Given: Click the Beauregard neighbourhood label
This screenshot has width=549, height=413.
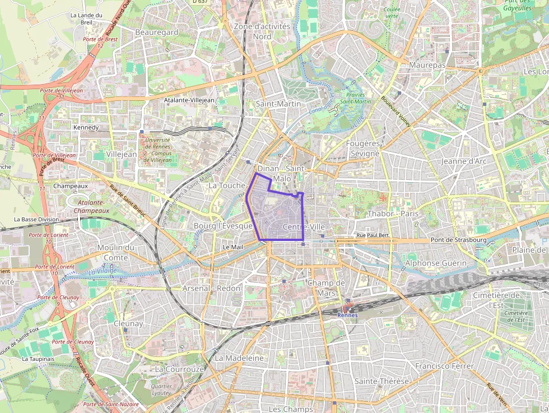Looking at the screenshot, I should (157, 33).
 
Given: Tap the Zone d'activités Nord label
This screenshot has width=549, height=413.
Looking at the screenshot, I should (262, 31).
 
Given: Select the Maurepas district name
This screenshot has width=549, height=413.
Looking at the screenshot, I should (427, 66).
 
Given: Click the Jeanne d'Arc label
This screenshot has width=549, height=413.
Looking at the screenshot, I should (463, 161).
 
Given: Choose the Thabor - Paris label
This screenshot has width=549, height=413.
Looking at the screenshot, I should (393, 214).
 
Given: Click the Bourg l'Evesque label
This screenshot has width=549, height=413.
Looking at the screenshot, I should (223, 225).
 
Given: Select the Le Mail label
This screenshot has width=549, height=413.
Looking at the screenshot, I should (233, 247).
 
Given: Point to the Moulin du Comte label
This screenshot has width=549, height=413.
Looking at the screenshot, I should (116, 252).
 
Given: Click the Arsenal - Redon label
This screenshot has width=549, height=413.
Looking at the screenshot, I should (211, 288).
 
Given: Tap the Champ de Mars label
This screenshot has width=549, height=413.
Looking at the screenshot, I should (326, 287).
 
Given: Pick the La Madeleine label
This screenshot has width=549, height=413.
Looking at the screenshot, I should (239, 358).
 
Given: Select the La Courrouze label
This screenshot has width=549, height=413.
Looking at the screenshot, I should (179, 369).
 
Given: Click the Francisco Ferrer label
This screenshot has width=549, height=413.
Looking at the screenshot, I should (444, 366).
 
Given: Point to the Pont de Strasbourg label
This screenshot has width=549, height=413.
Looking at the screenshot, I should (459, 240).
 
